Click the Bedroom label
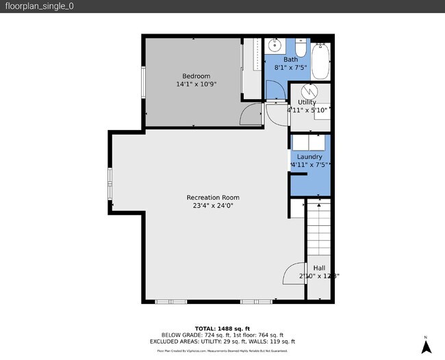(196, 75)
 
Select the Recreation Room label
(213, 197)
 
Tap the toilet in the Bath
(301, 49)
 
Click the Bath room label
(290, 60)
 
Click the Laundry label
(309, 157)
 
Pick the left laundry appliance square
(301, 142)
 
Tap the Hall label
(319, 268)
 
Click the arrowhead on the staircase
(318, 203)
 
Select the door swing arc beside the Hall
(293, 274)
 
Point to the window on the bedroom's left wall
(143, 81)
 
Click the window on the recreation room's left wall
(110, 185)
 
